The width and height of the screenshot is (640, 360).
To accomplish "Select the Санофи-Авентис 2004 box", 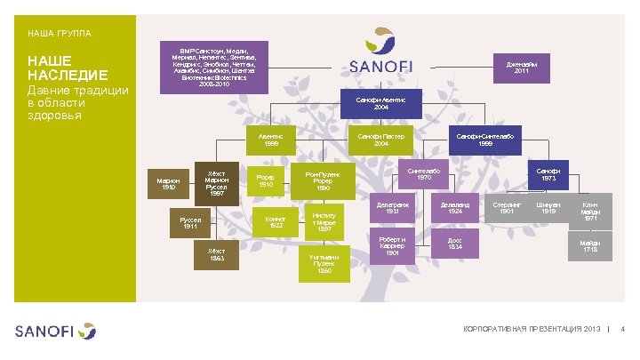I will click(x=381, y=104).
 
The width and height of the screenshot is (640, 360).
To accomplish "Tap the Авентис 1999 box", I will click(x=271, y=140).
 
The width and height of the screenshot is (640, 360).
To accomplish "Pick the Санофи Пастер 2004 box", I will click(x=381, y=140).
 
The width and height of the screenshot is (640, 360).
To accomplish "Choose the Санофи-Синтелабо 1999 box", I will click(x=487, y=140).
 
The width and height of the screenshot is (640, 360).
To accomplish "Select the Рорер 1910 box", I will click(x=266, y=181).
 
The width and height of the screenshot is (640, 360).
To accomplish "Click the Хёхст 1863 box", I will click(x=217, y=255).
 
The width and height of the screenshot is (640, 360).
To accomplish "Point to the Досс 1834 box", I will click(x=453, y=245).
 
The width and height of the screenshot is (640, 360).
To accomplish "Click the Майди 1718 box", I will click(x=590, y=245).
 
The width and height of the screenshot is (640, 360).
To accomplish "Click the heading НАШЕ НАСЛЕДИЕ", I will click(x=68, y=68).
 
